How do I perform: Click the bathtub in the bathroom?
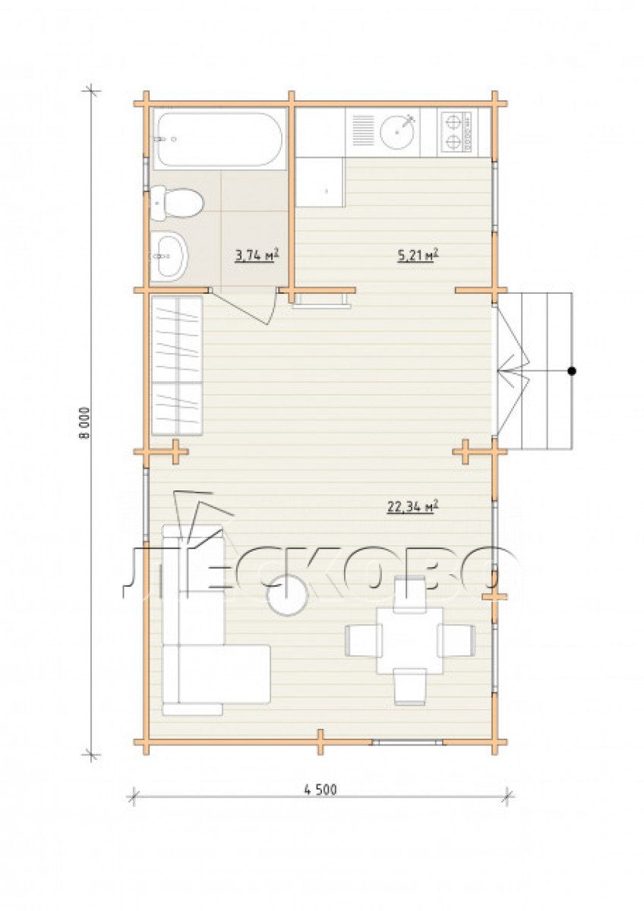click(219, 139)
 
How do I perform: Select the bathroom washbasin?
click(169, 257)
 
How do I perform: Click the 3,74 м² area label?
click(257, 257)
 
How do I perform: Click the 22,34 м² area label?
click(412, 507)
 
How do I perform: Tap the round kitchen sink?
click(397, 131)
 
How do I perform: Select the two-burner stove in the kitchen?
click(454, 132)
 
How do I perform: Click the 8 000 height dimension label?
click(84, 423)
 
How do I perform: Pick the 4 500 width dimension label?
click(320, 790)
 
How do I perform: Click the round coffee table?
click(287, 596)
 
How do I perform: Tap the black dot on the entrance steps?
click(572, 371)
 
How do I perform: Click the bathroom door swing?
click(245, 306)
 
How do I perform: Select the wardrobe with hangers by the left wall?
click(177, 366)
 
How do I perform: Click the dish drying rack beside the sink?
click(363, 130)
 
